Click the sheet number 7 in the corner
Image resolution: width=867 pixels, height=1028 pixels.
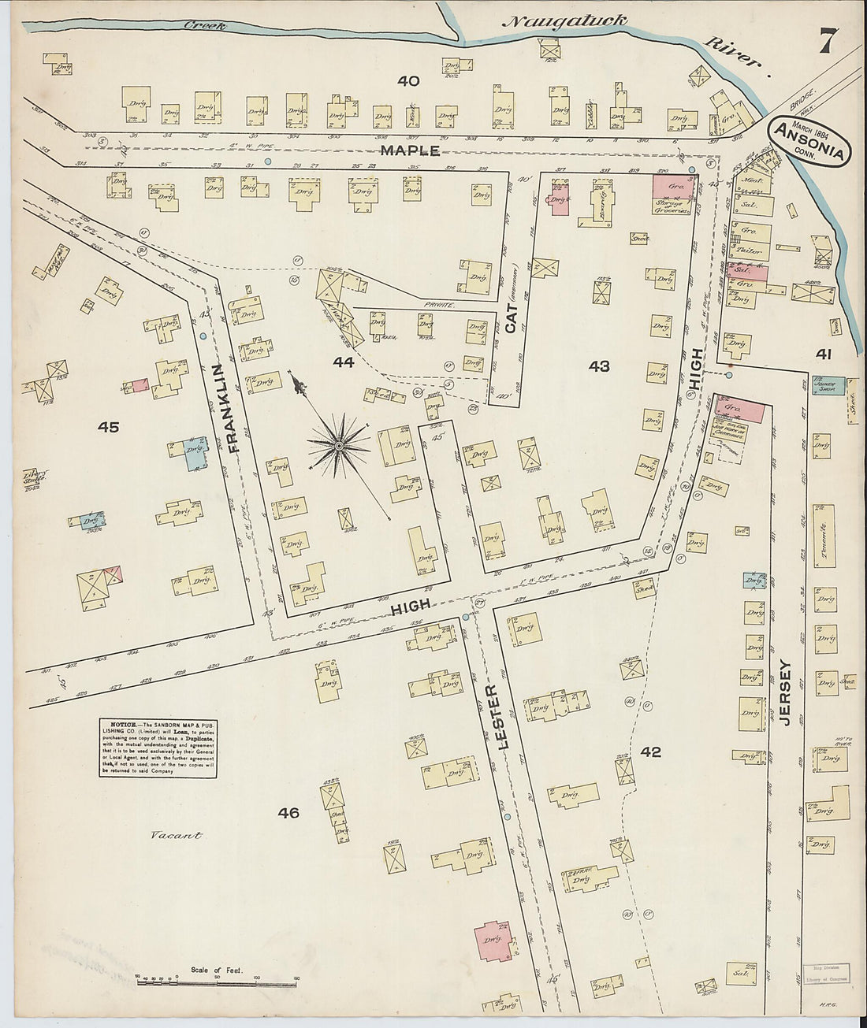828,40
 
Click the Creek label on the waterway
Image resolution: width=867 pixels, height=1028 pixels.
206,26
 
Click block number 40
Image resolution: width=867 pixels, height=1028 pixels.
407,80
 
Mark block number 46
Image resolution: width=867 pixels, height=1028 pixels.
288,812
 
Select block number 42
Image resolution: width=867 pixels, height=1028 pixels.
650,752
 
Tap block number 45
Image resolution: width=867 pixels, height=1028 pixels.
108,427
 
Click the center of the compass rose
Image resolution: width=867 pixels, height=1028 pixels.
339,446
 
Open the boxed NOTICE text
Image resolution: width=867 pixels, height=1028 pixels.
158,748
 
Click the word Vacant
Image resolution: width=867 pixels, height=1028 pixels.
177,836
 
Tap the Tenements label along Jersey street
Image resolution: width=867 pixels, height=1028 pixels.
824,538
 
